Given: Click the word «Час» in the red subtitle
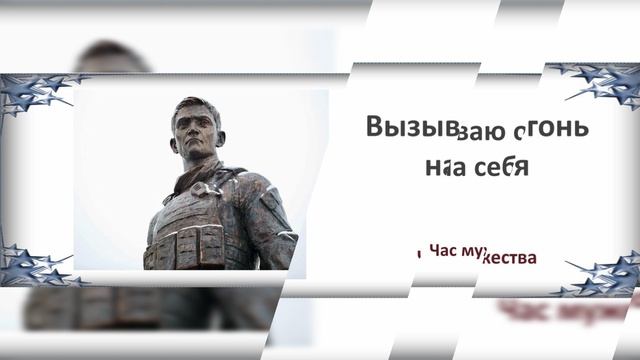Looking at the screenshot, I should coord(446,254).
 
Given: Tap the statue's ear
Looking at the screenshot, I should coord(222,138).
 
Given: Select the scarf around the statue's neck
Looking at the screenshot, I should coord(200,183).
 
